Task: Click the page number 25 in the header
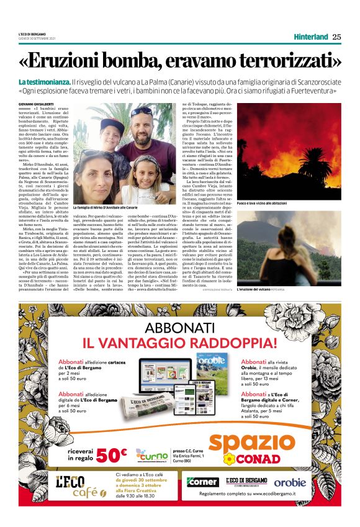click(337, 36)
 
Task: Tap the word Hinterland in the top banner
click(310, 36)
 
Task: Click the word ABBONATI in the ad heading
click(180, 329)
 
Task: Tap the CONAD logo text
click(260, 459)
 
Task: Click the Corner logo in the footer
click(202, 482)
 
